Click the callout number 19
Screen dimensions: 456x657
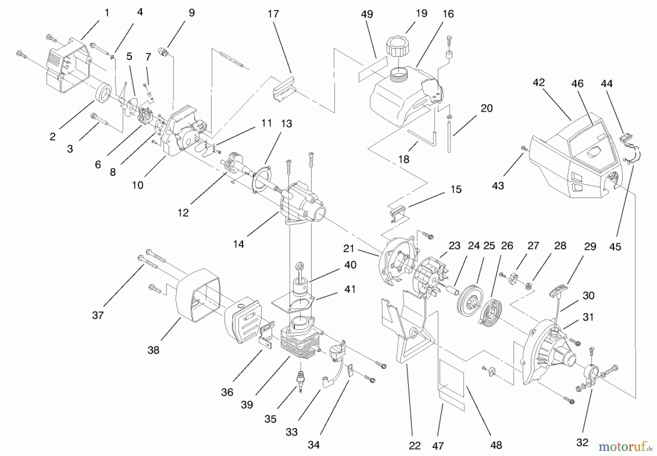422,13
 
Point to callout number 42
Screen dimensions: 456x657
538,82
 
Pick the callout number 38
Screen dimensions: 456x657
153,350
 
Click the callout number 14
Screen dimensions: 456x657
238,244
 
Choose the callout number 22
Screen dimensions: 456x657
415,445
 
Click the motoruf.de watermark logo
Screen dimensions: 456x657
625,446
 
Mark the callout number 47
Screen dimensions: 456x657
438,445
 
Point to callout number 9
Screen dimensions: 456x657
192,13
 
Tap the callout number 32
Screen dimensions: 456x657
583,443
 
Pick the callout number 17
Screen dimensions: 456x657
273,14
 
